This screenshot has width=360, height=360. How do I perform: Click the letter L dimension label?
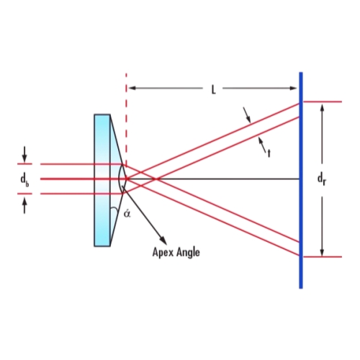213,89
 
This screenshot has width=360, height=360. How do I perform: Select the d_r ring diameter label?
322,179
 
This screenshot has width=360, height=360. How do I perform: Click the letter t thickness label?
269,153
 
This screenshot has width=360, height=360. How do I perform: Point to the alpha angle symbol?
127,213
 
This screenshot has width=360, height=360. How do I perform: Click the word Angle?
188,252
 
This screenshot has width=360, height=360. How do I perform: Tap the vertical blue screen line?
301,180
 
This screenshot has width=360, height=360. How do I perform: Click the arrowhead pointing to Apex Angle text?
163,240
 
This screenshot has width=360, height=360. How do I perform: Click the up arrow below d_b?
24,206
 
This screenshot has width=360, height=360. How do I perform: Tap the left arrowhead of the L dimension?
132,88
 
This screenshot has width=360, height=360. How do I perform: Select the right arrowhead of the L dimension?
294,88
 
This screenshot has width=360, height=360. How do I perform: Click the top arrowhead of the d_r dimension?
323,109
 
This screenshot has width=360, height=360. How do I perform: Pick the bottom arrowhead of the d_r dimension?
323,251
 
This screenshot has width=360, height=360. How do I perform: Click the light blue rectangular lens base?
102,180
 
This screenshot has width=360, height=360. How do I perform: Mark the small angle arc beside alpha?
115,210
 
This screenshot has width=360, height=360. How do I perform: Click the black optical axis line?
213,179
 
